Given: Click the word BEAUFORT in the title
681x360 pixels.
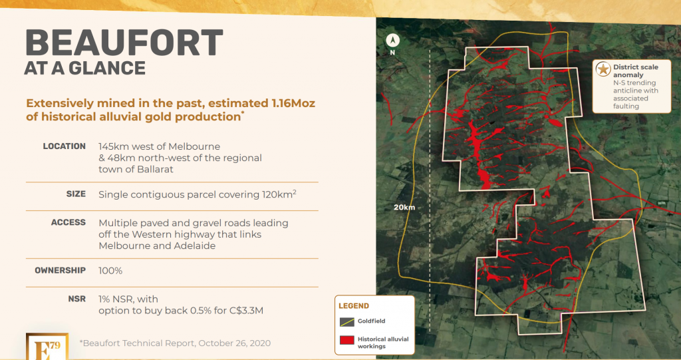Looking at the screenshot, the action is click(x=124, y=43).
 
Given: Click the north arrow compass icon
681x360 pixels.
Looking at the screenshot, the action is click(x=392, y=41).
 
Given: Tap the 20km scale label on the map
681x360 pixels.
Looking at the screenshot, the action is click(x=404, y=208).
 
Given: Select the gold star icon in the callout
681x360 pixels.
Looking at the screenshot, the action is click(x=603, y=69).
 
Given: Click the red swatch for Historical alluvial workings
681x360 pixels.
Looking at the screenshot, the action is click(x=347, y=340).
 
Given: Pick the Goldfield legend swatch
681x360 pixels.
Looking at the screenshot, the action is click(x=347, y=322).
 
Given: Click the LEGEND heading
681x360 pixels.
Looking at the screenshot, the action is click(x=354, y=306).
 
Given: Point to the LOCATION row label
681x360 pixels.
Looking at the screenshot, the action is click(x=65, y=146).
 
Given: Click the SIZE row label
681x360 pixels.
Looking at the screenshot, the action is click(x=76, y=194).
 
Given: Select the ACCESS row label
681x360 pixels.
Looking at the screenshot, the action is click(x=68, y=223).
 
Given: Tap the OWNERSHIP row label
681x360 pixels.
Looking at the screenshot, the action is click(x=61, y=270).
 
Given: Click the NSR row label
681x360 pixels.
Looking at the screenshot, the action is click(x=77, y=299).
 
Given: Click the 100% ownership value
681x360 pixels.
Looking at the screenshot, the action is click(x=110, y=271).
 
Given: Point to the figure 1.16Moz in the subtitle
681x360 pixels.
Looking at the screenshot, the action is click(x=293, y=104).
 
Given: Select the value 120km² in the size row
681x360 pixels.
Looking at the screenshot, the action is click(x=279, y=194).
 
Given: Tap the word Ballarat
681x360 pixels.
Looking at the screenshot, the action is click(x=154, y=169).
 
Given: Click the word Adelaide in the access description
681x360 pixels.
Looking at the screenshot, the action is click(x=195, y=246).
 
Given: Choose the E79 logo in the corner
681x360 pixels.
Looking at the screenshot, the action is click(x=47, y=347).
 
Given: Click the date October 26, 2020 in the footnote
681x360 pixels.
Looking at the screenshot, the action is click(x=234, y=343).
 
